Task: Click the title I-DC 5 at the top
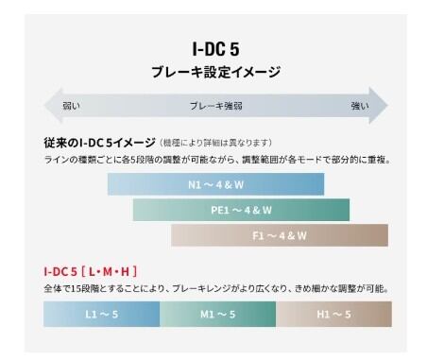click(215, 49)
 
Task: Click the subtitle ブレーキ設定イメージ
click(215, 72)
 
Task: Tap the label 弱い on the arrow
click(72, 106)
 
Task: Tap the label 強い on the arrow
click(360, 106)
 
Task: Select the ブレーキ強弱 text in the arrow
click(216, 106)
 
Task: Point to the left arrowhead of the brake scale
click(54, 105)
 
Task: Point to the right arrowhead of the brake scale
click(379, 105)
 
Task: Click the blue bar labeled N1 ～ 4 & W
click(215, 184)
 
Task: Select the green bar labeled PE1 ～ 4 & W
click(241, 210)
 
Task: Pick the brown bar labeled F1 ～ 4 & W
click(280, 235)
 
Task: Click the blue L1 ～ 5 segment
click(101, 314)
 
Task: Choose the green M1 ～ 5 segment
click(217, 314)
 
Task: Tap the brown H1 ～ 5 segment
click(333, 314)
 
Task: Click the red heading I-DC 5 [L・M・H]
click(91, 271)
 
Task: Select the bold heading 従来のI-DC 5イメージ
click(99, 143)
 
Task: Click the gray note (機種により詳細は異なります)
click(215, 143)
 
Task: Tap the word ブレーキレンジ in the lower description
click(202, 288)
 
